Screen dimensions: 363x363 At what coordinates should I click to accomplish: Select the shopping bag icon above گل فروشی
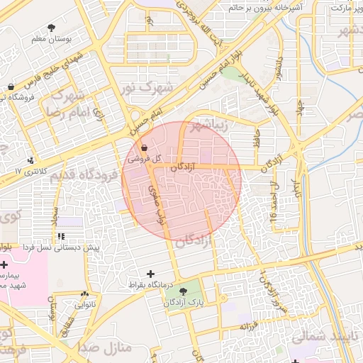(145, 148)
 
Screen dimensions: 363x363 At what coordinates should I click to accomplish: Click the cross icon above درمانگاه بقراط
(150, 274)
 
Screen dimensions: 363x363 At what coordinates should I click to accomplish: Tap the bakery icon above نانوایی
(85, 294)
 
